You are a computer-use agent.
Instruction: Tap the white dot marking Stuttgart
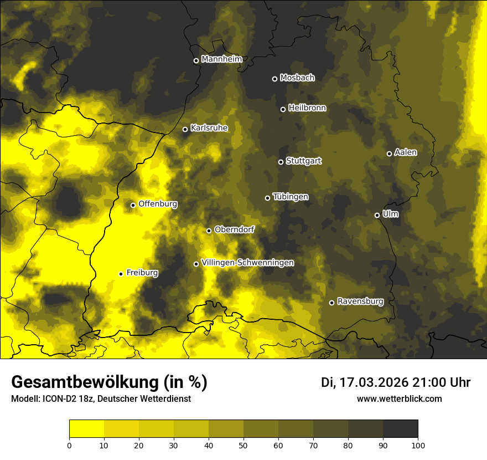coord(281,162)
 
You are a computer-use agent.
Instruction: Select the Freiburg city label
coord(142,273)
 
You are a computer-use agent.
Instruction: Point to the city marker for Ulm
coord(377,215)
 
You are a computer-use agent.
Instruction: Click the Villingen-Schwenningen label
coord(248,263)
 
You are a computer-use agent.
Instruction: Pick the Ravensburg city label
coord(360,301)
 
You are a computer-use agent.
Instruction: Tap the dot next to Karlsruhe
coord(185,129)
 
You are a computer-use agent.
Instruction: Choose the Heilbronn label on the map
coord(307,108)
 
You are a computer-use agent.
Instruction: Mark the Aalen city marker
coord(389,154)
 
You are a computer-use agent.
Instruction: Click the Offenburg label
coord(158,204)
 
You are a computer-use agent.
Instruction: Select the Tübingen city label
coord(291,197)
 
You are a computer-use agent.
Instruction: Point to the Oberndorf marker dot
coord(209,231)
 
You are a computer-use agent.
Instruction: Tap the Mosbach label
coord(297,78)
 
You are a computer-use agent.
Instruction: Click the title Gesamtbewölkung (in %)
coord(109,382)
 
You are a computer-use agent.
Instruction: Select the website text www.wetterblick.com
coord(400,398)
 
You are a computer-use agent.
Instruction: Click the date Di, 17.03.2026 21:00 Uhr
coord(396,382)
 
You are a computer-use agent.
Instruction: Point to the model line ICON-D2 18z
coord(101,398)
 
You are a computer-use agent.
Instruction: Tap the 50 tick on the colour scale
coord(244,445)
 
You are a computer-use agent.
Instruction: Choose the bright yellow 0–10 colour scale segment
coord(87,429)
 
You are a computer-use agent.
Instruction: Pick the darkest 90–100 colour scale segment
coord(400,429)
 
